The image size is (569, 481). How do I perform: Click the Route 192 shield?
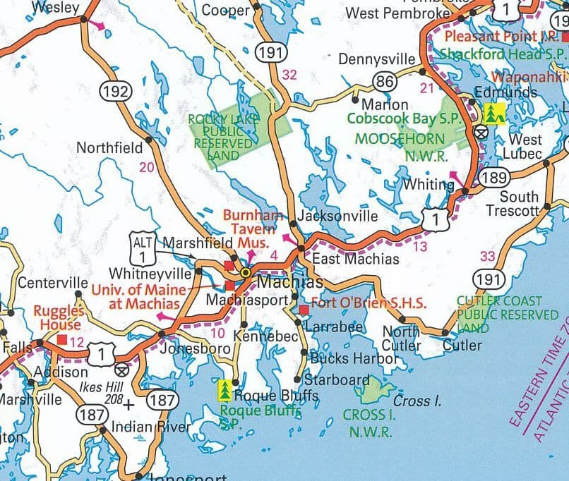point(114,91)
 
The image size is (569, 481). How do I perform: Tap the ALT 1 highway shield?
point(142,247)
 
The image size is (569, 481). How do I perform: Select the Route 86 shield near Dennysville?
point(385,83)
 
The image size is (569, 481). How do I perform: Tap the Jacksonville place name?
point(337,216)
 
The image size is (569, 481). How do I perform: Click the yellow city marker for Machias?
point(246,272)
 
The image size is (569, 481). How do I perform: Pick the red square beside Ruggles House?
point(62,339)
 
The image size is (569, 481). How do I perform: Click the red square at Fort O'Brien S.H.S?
point(304,310)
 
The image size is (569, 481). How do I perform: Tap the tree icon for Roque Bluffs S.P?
point(225,389)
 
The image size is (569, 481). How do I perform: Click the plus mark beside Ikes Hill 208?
point(128,405)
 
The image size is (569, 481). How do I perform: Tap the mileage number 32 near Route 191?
point(289,75)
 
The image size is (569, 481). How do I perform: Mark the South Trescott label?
point(519,203)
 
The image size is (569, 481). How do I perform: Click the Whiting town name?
point(428,185)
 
